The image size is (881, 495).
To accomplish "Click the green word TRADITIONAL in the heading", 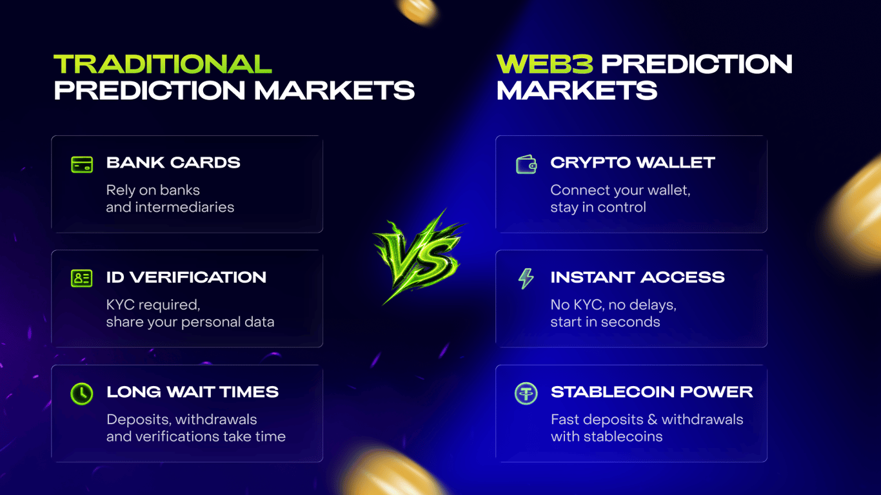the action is [163, 64].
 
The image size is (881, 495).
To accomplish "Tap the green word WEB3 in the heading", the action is [545, 64].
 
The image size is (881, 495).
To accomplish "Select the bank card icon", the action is [82, 164].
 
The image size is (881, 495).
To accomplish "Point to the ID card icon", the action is [82, 278].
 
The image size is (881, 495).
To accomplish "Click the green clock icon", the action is [82, 394].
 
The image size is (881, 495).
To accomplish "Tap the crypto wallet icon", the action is [526, 164].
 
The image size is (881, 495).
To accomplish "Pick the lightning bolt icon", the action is [526, 278].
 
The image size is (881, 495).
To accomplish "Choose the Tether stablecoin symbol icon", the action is [526, 393].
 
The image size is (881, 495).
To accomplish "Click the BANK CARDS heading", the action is [173, 163].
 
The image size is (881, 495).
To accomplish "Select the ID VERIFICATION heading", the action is [186, 277].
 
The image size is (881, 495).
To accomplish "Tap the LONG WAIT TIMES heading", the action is [192, 392].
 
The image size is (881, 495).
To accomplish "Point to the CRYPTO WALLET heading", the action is [633, 163].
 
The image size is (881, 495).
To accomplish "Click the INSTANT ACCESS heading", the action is [638, 277].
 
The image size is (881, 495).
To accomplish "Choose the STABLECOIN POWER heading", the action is [651, 392].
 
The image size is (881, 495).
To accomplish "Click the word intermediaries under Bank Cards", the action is [184, 207].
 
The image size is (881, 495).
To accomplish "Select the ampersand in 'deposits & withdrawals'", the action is [652, 420].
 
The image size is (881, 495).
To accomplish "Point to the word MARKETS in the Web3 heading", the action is [577, 90].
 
